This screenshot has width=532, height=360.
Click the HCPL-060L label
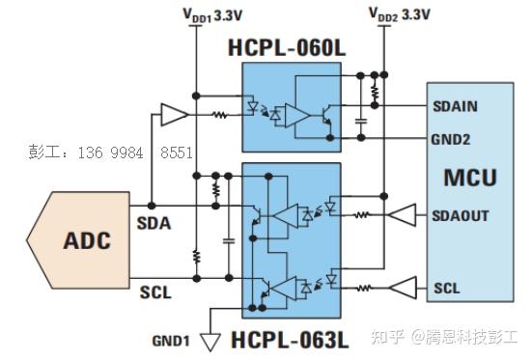coord(287,47)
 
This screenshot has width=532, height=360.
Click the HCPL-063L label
coord(288,340)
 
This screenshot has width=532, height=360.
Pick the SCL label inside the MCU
coord(447,288)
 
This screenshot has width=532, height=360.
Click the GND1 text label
coord(172,340)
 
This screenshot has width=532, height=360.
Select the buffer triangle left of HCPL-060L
coord(175,116)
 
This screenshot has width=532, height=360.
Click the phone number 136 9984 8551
coord(111,152)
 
